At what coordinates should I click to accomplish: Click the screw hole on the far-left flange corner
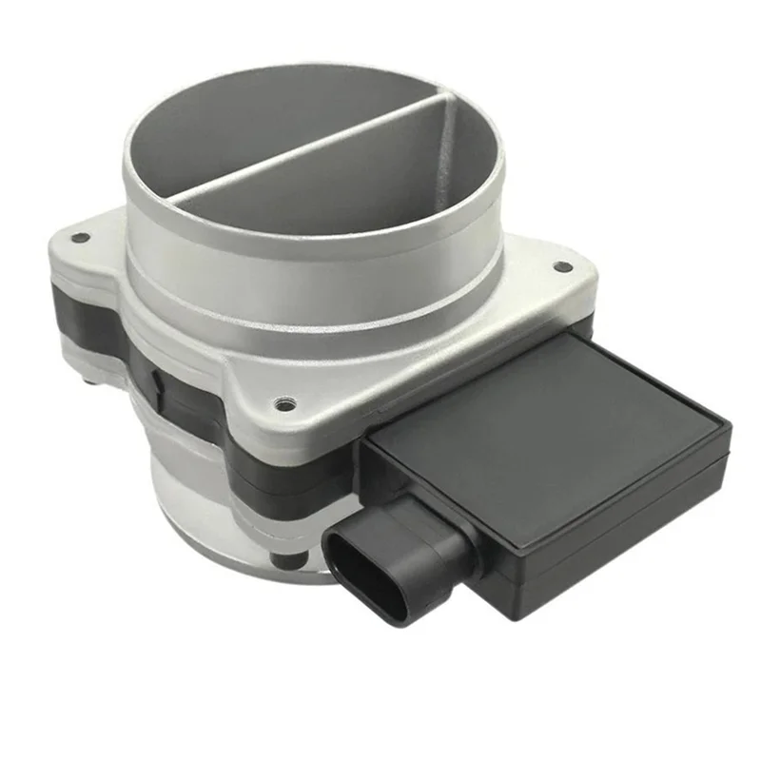[x=79, y=238]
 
